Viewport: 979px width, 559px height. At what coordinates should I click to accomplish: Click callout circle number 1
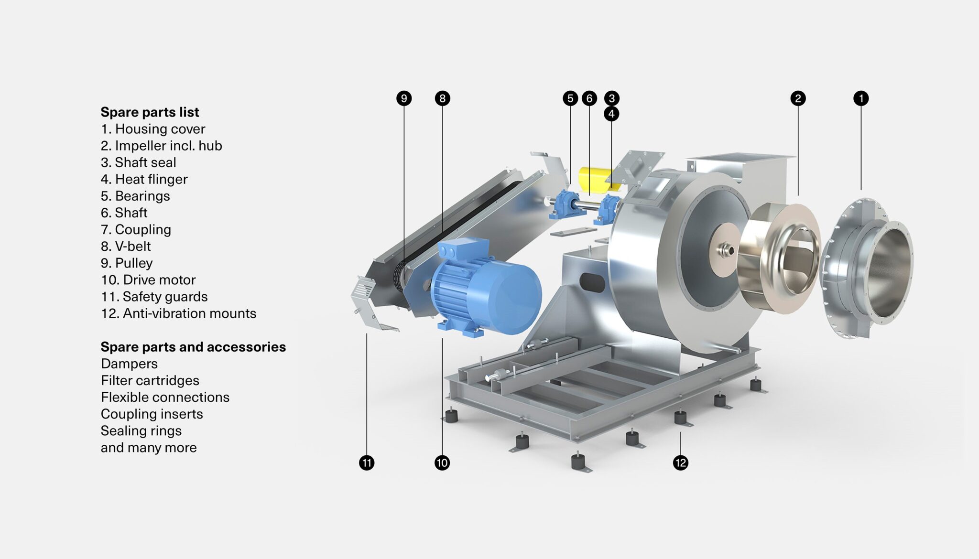coord(861,98)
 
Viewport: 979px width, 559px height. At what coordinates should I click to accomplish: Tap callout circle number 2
coord(798,98)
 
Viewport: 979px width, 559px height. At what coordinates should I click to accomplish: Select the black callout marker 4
coord(611,114)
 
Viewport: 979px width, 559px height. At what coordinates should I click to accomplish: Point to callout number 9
coord(404,98)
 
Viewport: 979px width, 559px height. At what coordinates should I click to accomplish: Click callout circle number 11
coord(367,462)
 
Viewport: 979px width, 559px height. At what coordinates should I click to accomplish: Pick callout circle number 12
coord(680,462)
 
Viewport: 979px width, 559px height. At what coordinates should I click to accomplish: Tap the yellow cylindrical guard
coord(593,178)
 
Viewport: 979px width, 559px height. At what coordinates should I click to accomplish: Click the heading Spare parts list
coord(150,112)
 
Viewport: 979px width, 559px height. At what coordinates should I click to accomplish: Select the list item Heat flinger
coord(144,179)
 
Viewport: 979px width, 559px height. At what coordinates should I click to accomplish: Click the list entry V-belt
coord(126,246)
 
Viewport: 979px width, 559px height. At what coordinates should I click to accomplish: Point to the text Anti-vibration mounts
coord(178,313)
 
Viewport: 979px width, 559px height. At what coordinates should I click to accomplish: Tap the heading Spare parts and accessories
coord(193,347)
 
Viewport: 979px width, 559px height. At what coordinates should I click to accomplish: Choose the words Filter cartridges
coord(150,380)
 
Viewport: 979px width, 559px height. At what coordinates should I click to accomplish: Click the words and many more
coord(149,448)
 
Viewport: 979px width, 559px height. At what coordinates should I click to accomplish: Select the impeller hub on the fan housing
coord(728,250)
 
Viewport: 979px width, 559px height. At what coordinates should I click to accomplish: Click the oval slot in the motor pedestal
coord(592,282)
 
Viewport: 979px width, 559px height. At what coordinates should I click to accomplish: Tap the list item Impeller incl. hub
coord(161,146)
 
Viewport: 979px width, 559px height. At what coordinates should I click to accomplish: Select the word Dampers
coord(129,364)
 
